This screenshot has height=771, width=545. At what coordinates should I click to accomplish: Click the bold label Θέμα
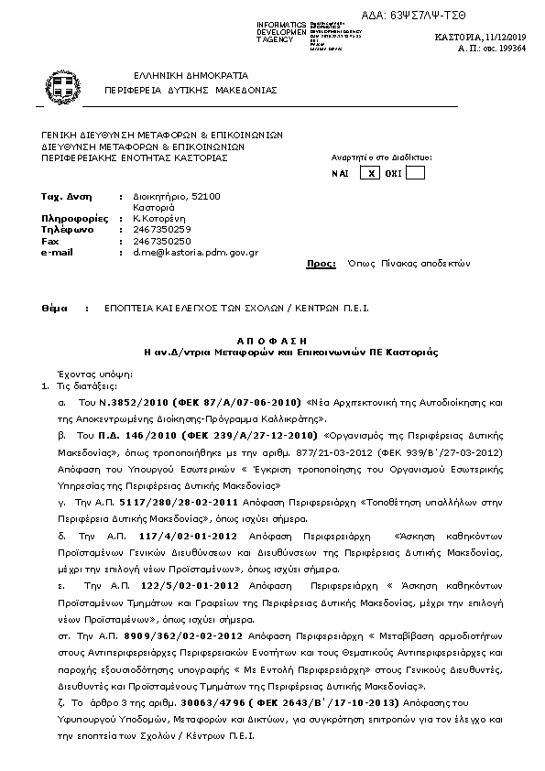click(x=55, y=309)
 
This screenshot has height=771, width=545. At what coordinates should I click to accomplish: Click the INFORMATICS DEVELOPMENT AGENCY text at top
click(x=281, y=32)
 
